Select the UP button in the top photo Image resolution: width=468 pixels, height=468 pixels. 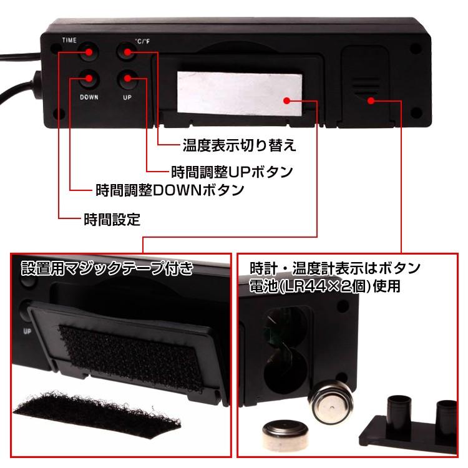pos(128,79)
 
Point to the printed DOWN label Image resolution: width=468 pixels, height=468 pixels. pos(89,98)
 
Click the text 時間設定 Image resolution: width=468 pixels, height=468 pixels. pos(112,219)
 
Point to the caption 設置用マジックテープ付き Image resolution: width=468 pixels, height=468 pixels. pos(107,270)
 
